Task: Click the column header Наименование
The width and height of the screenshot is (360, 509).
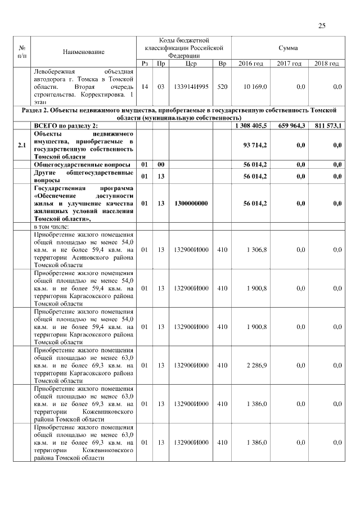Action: (84, 52)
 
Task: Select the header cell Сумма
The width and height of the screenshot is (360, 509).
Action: (288, 48)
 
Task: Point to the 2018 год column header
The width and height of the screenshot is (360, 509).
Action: (326, 64)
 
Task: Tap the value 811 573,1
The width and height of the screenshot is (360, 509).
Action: (326, 124)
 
